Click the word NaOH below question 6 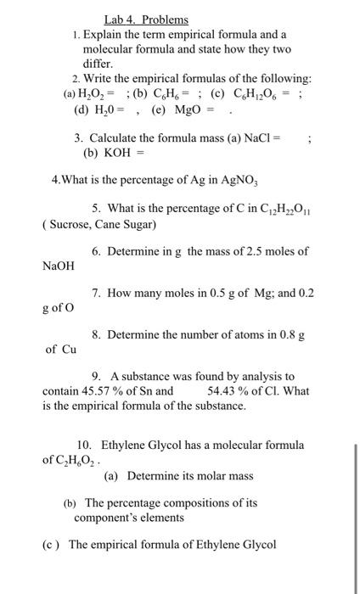(59, 266)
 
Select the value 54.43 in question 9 (223, 391)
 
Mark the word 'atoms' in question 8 (256, 335)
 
